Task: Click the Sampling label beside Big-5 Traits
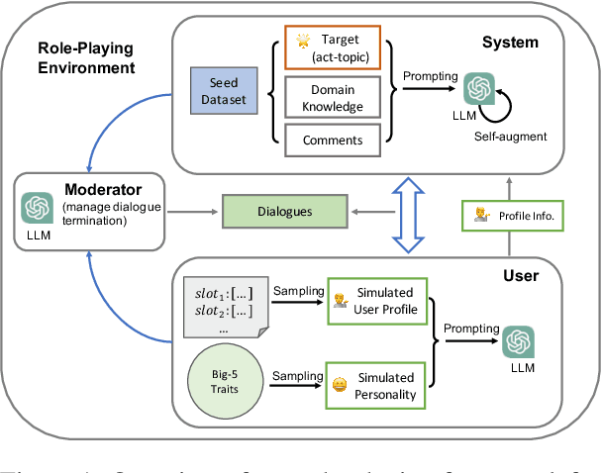298,375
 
